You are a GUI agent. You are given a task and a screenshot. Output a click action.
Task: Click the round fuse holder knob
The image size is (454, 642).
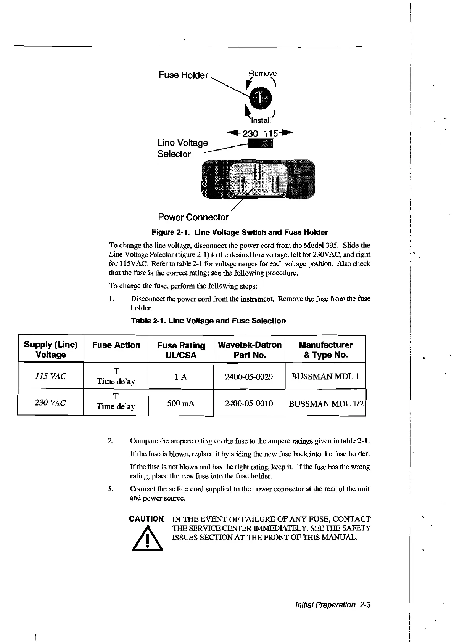260,97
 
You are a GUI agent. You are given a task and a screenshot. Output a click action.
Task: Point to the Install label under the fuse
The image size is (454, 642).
261,120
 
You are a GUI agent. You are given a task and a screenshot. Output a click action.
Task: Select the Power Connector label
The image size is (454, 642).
193,217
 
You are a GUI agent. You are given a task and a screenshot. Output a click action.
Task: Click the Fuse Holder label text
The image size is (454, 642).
184,75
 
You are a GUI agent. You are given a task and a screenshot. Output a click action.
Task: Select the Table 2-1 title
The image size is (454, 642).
208,321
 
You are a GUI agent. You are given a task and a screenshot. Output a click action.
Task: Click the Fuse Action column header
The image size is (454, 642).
116,345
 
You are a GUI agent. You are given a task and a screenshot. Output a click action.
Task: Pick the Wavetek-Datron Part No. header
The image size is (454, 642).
250,350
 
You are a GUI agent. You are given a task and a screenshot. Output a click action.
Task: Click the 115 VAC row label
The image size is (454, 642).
50,376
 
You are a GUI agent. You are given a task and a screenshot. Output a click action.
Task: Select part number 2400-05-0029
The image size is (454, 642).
249,377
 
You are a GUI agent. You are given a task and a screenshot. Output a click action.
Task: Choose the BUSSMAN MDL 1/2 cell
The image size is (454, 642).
325,403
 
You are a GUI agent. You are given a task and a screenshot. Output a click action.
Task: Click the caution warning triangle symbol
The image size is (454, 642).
147,539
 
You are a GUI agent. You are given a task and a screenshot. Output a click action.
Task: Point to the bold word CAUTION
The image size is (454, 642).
147,519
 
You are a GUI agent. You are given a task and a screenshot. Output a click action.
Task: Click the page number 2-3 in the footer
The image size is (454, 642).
365,605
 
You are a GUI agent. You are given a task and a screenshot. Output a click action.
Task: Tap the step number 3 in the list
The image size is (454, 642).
110,489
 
